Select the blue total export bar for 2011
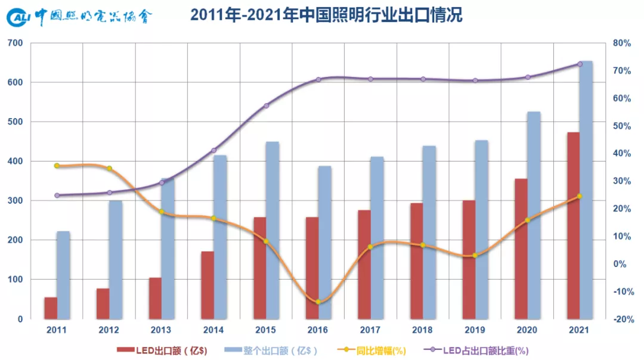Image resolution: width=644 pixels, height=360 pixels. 63,275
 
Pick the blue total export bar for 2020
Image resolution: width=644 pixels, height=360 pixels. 534,215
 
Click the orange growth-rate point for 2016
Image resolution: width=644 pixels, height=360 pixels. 318,302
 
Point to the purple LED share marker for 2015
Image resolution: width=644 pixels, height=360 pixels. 266,106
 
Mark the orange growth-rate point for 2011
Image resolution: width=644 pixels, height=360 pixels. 57,166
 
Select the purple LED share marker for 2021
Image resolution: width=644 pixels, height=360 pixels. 580,64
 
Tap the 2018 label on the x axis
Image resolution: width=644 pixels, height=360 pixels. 423,330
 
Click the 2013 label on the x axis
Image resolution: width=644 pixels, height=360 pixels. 161,330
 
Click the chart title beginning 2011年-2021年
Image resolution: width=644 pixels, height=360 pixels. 326,15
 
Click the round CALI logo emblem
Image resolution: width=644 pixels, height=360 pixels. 18,18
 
